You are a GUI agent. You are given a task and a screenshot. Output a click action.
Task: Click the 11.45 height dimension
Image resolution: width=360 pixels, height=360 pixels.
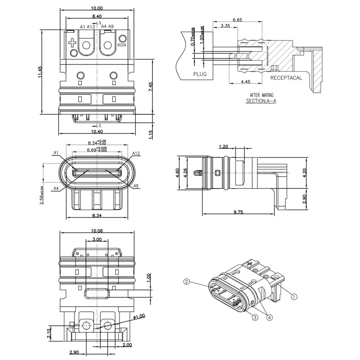pyautogui.click(x=40, y=72)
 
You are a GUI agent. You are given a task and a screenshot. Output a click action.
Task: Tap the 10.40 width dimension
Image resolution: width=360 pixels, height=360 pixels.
pyautogui.click(x=97, y=132)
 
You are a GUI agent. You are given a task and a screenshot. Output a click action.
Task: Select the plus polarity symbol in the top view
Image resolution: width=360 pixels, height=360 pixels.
pyautogui.click(x=72, y=43)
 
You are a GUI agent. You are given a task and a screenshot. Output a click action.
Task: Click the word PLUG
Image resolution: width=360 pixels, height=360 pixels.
pyautogui.click(x=200, y=74)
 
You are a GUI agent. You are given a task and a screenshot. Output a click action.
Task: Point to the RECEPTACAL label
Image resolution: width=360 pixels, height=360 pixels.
pyautogui.click(x=286, y=78)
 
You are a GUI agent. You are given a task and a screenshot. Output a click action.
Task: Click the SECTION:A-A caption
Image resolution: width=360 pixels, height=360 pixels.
pyautogui.click(x=261, y=101)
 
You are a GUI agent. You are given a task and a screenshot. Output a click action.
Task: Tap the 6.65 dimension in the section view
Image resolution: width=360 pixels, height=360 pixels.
pyautogui.click(x=238, y=20)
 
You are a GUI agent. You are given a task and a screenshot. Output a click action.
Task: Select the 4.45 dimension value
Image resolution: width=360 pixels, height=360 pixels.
pyautogui.click(x=246, y=82)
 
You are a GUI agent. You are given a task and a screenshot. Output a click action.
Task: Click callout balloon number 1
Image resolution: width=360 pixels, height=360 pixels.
pyautogui.click(x=294, y=296)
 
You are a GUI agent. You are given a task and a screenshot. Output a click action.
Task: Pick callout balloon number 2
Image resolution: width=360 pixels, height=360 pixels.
pyautogui.click(x=187, y=282)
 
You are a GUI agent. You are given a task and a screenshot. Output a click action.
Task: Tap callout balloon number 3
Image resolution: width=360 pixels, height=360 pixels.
pyautogui.click(x=255, y=318)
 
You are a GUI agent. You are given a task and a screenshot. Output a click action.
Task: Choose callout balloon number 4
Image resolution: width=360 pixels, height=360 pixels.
pyautogui.click(x=269, y=318)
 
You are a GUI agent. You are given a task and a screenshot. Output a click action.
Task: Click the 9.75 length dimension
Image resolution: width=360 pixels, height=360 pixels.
pyautogui.click(x=238, y=212)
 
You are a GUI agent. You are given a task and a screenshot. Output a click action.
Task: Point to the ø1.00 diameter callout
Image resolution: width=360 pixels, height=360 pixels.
pyautogui.click(x=139, y=317)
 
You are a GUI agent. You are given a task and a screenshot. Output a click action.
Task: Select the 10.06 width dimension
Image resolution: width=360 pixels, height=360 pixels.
pyautogui.click(x=97, y=231)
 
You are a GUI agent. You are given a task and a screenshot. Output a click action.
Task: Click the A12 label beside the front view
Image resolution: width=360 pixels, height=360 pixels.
pyautogui.click(x=136, y=153)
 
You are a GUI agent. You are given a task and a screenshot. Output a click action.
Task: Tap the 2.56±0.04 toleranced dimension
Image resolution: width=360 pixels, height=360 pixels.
pyautogui.click(x=42, y=195)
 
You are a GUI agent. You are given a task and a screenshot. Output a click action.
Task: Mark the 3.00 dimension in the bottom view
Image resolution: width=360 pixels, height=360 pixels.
pyautogui.click(x=97, y=239)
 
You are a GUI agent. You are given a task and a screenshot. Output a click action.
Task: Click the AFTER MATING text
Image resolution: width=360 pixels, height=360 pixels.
pyautogui.click(x=261, y=95)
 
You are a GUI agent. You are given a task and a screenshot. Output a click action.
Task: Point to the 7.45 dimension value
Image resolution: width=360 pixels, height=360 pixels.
pyautogui.click(x=150, y=87)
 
